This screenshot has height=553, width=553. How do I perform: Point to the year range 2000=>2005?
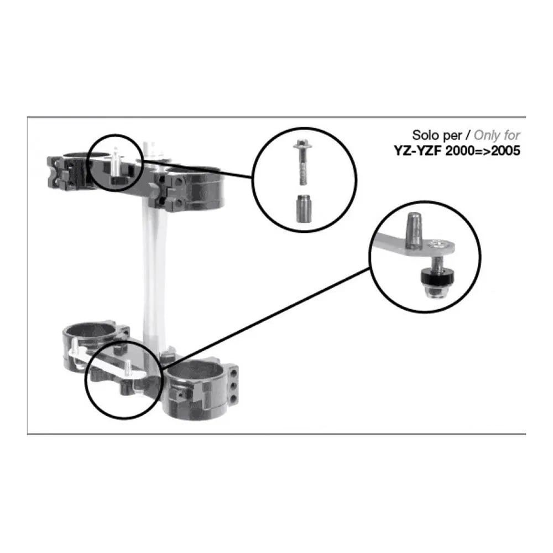483,150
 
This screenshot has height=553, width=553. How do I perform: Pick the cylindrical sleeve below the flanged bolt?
303,208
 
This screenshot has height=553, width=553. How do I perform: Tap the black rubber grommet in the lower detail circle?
437,277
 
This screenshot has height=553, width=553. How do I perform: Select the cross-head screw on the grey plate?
437,244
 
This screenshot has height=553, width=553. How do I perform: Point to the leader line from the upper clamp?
197,169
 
